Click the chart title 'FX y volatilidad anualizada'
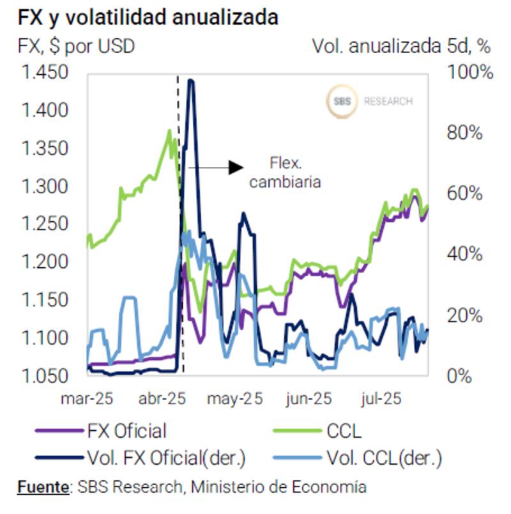148,17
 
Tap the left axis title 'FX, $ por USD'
76,46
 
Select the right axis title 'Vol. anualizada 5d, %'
400,46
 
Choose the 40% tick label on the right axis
464,254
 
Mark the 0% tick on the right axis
459,375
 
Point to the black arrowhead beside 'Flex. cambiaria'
236,167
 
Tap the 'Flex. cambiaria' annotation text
285,172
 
